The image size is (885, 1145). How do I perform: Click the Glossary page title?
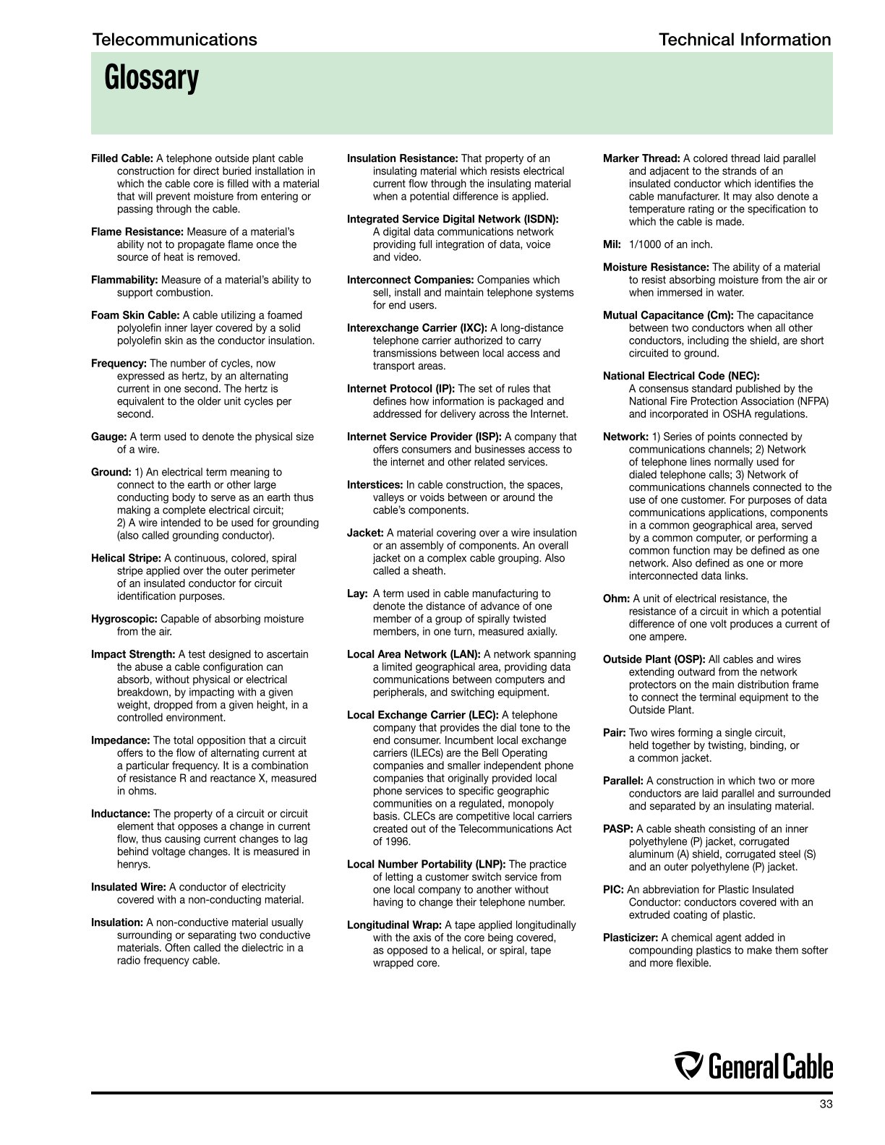[151, 78]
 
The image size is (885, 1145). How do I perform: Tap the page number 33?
[826, 1104]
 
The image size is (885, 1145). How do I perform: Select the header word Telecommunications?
[174, 40]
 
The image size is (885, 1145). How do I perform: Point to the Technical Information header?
[745, 40]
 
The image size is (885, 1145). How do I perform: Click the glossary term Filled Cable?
[121, 158]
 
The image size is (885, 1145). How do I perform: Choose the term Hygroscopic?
[124, 619]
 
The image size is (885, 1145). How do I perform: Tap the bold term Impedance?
[120, 740]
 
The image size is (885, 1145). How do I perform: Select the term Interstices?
[375, 485]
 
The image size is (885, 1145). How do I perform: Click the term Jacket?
[365, 533]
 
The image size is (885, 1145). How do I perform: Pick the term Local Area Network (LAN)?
[414, 654]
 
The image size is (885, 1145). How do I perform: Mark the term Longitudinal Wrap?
[394, 925]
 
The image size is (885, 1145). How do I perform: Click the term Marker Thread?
[641, 158]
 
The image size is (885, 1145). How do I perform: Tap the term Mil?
[612, 244]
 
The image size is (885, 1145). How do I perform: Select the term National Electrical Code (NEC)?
[681, 376]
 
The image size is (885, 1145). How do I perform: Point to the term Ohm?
[616, 599]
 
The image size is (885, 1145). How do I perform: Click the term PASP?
[618, 829]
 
